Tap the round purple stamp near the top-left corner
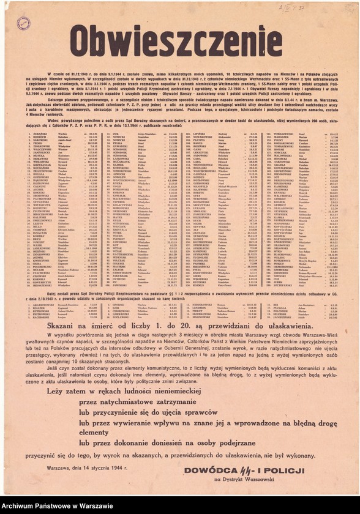23,24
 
